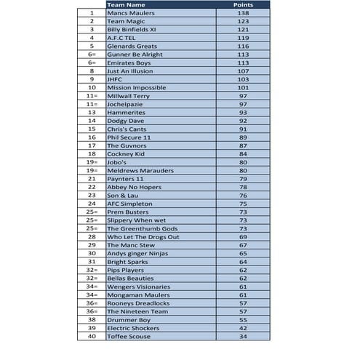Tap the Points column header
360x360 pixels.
click(x=242, y=5)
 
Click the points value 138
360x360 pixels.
click(x=243, y=13)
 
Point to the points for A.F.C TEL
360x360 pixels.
click(x=243, y=38)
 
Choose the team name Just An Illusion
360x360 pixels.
click(x=130, y=71)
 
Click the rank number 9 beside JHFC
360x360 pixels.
click(x=92, y=79)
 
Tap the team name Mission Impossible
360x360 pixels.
click(x=136, y=88)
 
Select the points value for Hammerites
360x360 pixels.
click(x=243, y=113)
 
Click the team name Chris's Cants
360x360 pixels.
click(x=127, y=129)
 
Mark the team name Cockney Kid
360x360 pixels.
click(x=127, y=153)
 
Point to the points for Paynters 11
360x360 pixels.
click(x=243, y=178)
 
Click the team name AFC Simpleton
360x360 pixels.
click(x=129, y=204)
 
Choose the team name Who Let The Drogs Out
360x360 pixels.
click(x=143, y=236)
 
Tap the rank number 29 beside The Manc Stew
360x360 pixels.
click(x=92, y=245)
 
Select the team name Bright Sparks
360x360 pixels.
click(x=127, y=262)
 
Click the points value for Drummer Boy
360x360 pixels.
click(x=243, y=319)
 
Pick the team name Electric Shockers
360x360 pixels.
click(x=133, y=328)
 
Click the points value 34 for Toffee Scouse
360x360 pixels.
click(x=243, y=336)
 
